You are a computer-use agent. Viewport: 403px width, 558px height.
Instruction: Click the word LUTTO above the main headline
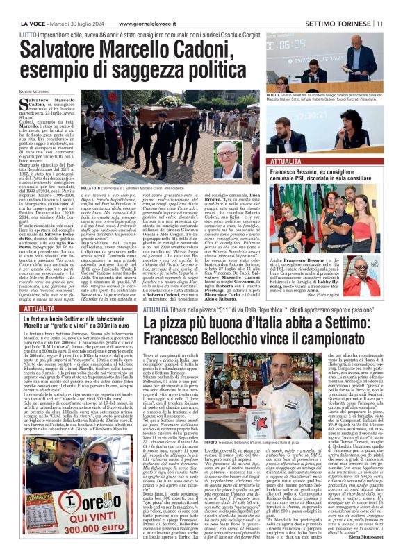[x=28, y=33]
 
